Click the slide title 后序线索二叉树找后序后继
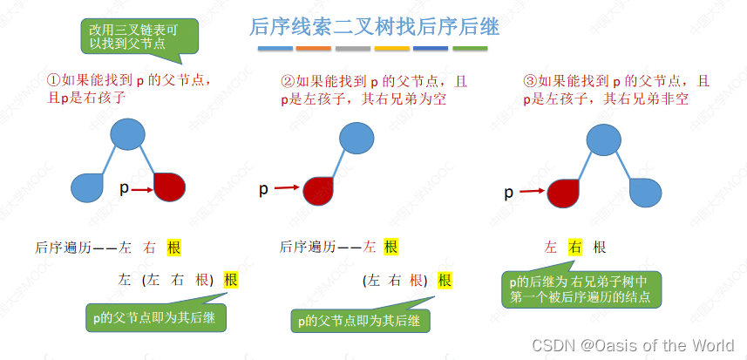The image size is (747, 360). pos(374,26)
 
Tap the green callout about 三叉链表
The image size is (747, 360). pos(140,35)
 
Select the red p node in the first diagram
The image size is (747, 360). pos(170,187)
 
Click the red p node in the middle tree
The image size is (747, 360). pos(320,190)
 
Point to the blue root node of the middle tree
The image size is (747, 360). pos(357,138)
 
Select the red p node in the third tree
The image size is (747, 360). pos(563,192)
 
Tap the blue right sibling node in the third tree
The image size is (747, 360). pos(647,192)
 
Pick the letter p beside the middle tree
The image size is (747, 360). pos(264,188)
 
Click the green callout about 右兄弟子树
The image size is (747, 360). pos(581,289)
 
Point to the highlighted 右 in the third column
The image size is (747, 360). pos(574,248)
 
